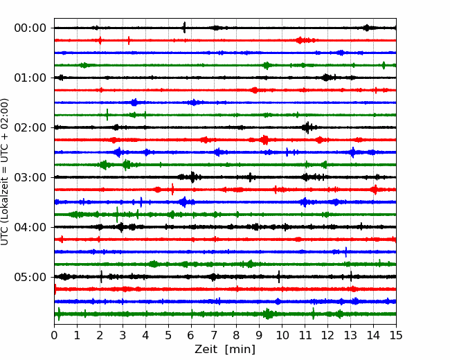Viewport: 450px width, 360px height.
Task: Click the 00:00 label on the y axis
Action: (30, 28)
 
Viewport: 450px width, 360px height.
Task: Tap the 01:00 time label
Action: (30, 78)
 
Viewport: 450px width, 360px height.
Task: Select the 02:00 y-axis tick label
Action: (30, 127)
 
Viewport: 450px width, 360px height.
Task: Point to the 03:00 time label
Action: (30, 177)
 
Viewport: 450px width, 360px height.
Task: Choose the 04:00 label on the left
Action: (30, 227)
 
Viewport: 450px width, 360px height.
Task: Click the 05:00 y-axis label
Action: (30, 277)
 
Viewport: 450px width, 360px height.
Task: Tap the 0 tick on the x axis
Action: (54, 335)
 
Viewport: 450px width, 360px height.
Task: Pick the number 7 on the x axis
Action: (214, 335)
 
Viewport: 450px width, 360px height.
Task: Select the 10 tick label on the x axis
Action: (282, 335)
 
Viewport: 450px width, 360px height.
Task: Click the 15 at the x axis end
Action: (396, 335)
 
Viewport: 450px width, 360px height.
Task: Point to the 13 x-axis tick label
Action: (351, 335)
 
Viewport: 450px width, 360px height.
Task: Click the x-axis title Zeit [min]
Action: (225, 350)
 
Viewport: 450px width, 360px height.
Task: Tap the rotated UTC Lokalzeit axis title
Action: (5, 172)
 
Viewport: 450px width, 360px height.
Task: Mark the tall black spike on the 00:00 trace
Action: (184, 28)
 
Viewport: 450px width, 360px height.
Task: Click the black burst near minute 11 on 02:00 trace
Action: (307, 127)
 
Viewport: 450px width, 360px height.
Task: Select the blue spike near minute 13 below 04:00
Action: (346, 252)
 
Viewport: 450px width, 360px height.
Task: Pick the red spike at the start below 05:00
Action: (55, 289)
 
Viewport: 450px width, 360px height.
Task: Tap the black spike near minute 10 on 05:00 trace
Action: (279, 277)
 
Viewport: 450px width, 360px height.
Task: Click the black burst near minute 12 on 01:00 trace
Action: (326, 78)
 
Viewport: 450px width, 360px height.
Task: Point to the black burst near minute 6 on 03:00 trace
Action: (192, 177)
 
